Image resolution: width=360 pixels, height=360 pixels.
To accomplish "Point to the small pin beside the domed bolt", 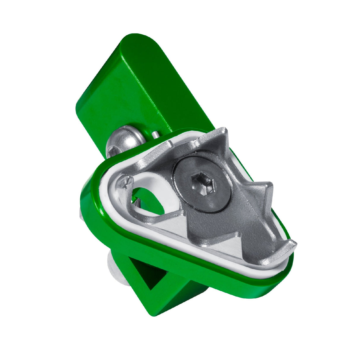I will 155,135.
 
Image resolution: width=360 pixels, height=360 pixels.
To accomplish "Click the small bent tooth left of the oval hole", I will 123,181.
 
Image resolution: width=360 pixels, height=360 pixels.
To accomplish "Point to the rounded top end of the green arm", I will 139,41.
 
